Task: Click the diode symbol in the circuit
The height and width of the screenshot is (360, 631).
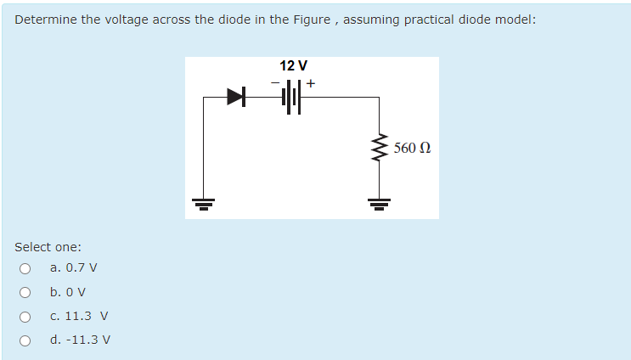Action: (235, 98)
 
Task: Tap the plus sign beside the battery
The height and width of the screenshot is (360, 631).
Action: (312, 83)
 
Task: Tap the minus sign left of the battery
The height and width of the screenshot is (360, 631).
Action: (275, 83)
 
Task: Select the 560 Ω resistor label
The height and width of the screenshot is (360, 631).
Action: (413, 149)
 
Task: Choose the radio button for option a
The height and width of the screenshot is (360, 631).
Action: (25, 269)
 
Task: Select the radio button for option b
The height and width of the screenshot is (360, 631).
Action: (25, 293)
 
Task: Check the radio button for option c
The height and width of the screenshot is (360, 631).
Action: (25, 317)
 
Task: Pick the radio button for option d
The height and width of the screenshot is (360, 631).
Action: (25, 340)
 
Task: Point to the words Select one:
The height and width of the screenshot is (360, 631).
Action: (48, 247)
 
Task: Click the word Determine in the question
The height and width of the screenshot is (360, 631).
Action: (45, 20)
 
